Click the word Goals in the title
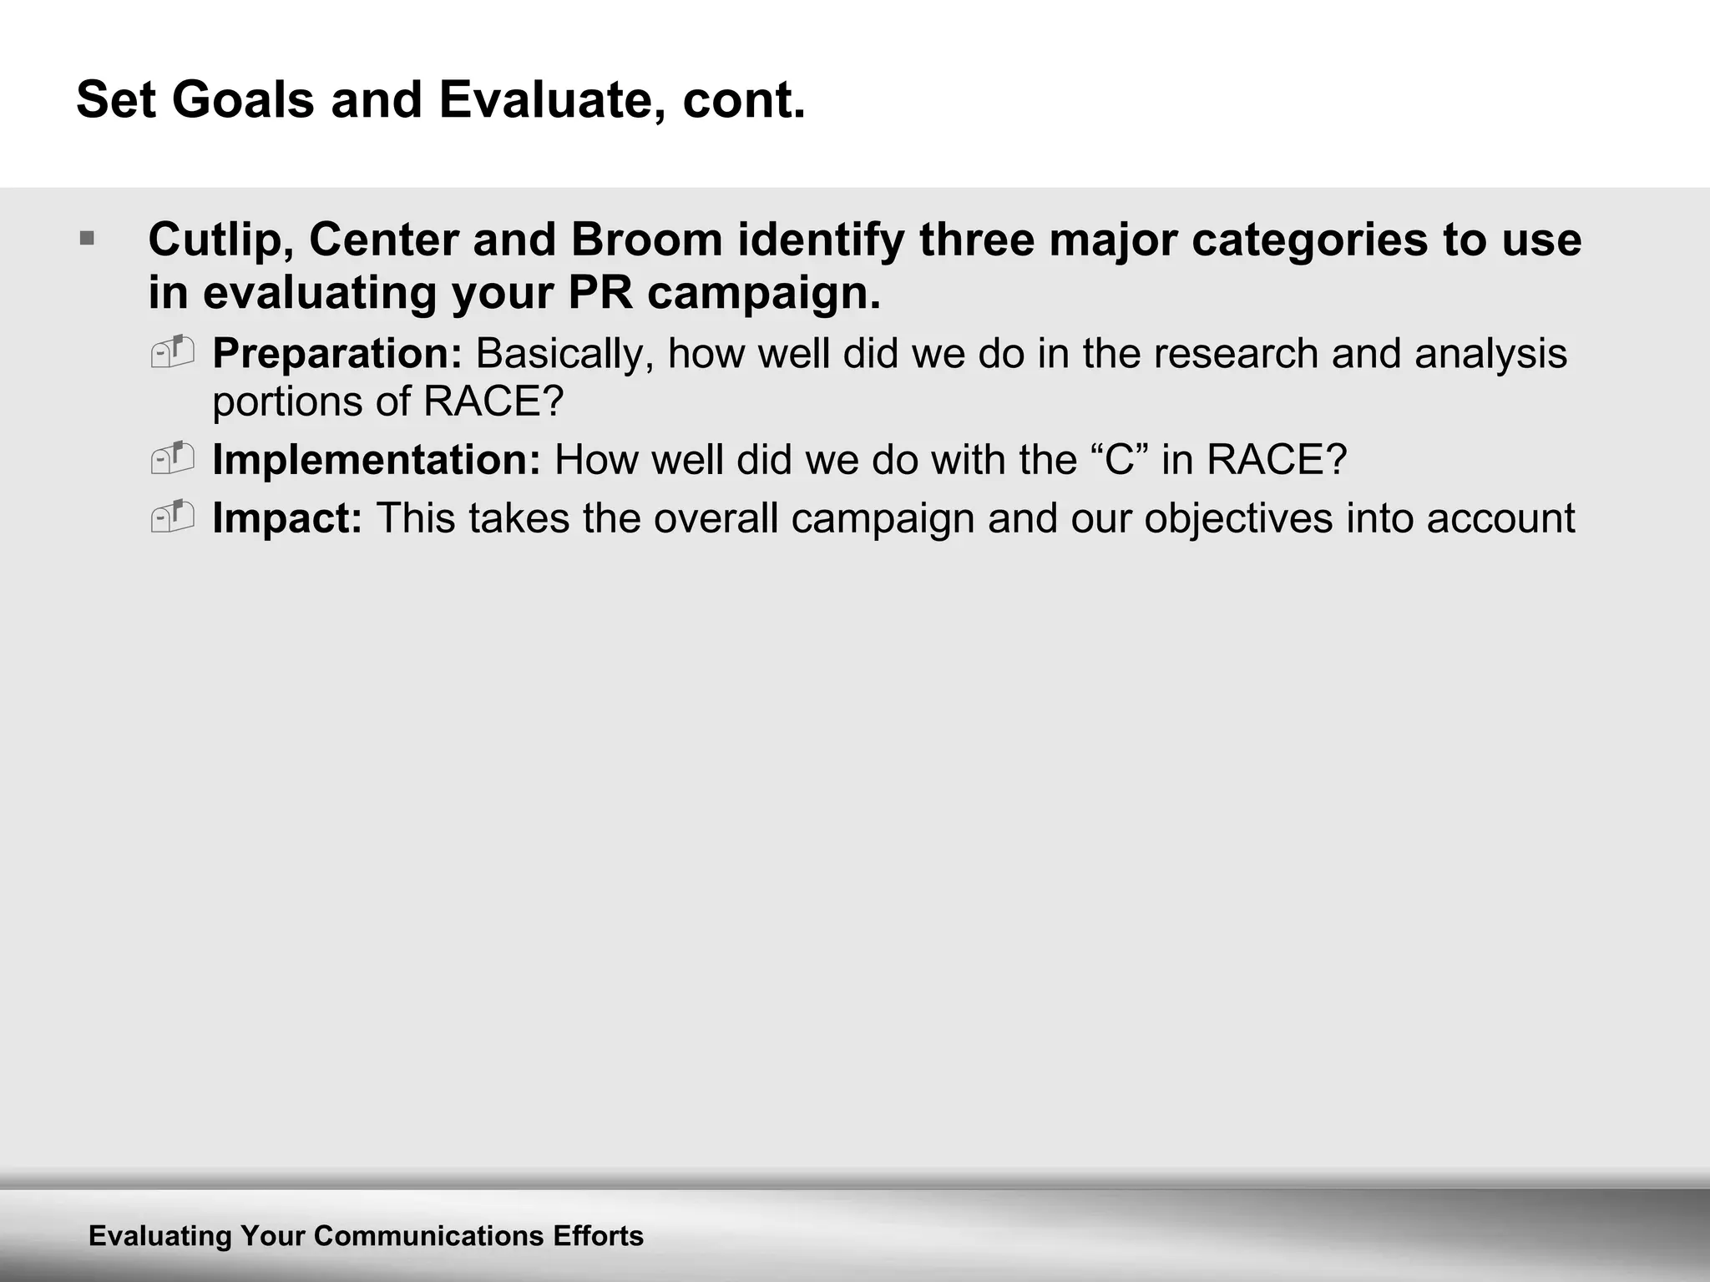coord(243,100)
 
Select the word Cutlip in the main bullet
coord(220,240)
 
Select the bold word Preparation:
coord(337,354)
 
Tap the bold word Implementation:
coord(377,460)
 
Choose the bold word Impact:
coord(287,518)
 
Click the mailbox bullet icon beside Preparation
coord(173,352)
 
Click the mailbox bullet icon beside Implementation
coord(173,458)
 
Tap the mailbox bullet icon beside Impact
coord(173,517)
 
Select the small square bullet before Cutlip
coord(87,240)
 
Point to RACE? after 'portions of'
coord(494,401)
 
